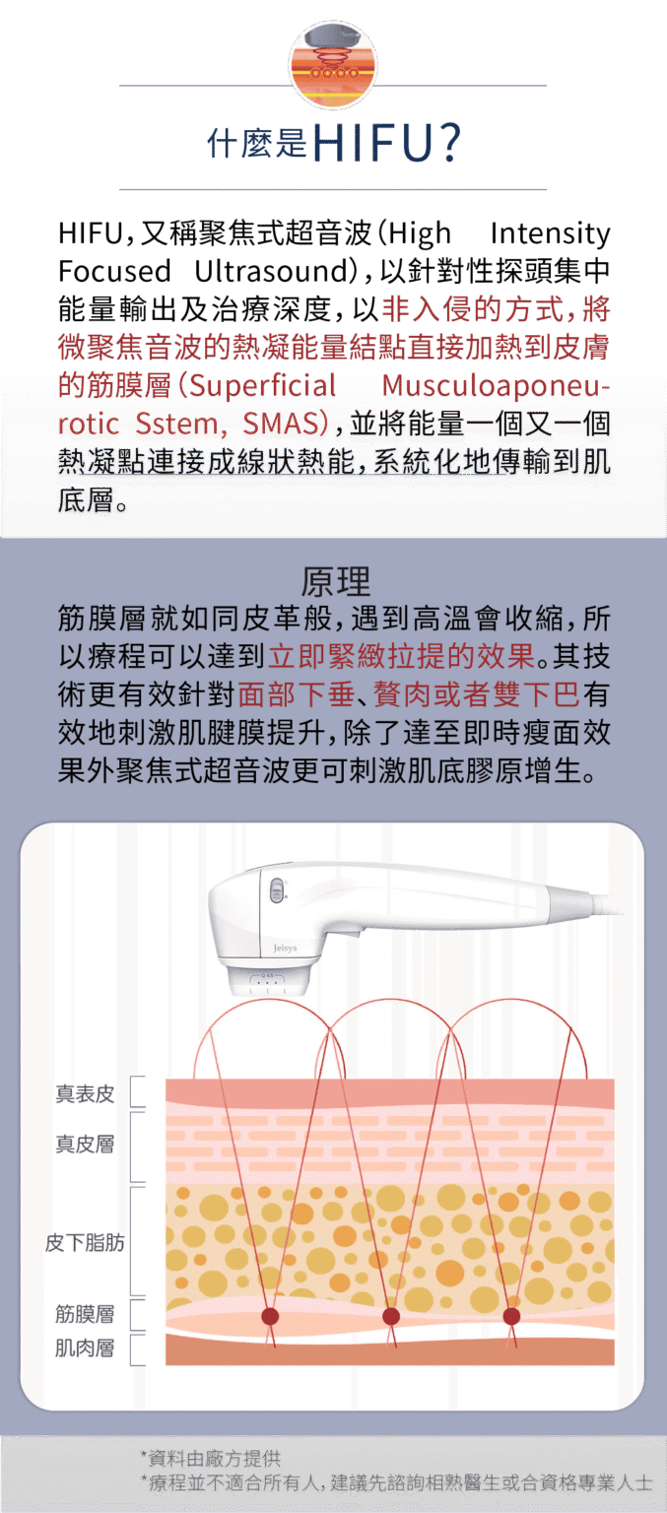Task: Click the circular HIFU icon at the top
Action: (x=333, y=65)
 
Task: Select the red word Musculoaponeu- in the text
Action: (x=496, y=386)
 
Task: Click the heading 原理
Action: (x=335, y=581)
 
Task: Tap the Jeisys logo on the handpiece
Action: (x=285, y=948)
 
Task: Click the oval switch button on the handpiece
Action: (x=277, y=890)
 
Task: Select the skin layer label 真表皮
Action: (x=85, y=1093)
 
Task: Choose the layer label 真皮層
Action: (x=85, y=1144)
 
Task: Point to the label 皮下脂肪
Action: (x=85, y=1242)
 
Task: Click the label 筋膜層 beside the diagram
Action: (x=85, y=1314)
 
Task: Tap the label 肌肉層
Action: (x=85, y=1349)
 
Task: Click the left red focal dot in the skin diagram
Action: (x=270, y=1315)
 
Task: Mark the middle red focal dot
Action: (x=390, y=1315)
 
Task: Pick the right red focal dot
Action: (x=511, y=1315)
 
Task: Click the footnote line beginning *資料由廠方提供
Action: (x=210, y=1458)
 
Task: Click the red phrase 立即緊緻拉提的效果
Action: (x=402, y=656)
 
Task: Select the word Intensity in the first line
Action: (x=550, y=233)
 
